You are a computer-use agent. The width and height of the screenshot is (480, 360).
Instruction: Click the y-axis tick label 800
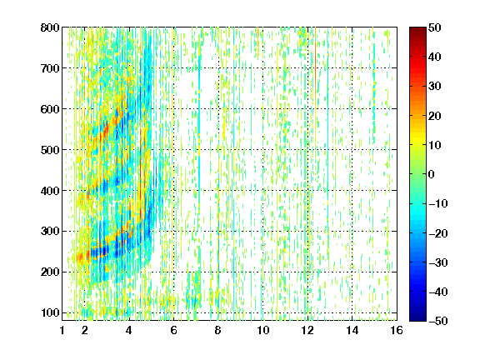50,27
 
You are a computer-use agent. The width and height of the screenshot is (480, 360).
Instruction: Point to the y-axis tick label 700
50,68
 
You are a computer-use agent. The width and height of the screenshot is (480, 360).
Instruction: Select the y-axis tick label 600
50,109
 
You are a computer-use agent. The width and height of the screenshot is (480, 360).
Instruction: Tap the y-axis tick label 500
50,150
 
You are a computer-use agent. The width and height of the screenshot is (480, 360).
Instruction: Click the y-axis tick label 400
50,191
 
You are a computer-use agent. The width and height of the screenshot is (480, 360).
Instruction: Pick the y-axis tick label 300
50,232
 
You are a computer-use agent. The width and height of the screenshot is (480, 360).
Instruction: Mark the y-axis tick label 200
50,272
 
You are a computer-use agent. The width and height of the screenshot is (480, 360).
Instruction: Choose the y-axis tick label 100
50,312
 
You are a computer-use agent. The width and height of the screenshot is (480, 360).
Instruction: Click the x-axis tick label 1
62,330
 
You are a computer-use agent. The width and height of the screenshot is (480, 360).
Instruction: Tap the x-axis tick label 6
173,330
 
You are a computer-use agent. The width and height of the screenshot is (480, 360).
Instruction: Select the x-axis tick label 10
263,330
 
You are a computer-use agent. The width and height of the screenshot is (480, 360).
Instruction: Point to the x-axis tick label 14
352,330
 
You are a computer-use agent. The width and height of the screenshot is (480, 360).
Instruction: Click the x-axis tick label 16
397,330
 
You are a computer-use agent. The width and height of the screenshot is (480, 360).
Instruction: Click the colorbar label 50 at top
434,27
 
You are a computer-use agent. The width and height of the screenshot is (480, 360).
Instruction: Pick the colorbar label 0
432,174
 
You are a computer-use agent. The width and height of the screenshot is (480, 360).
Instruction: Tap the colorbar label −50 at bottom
438,321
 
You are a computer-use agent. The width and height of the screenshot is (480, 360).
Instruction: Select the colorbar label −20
438,233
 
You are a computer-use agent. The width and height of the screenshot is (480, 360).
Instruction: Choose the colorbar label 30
434,87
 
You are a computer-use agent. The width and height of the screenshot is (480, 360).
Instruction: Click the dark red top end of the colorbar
417,29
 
